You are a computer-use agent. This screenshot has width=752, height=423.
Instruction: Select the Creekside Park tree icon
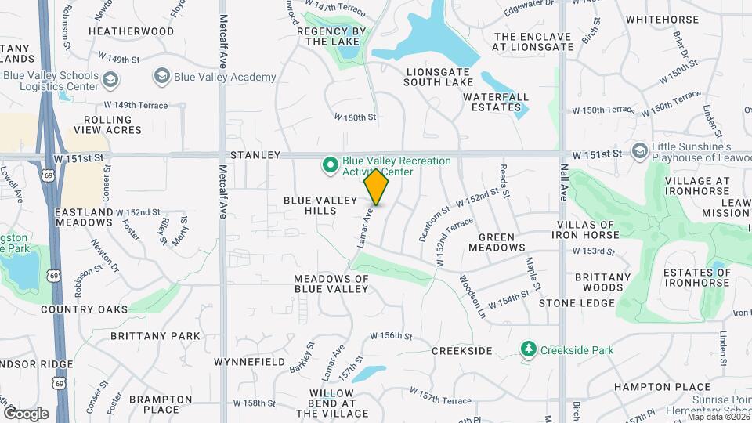pos(530,349)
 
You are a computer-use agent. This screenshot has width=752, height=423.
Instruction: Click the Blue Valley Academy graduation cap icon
pos(161,76)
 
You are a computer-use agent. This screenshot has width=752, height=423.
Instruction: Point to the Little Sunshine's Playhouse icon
pos(639,150)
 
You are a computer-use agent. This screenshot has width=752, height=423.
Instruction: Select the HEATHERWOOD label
pos(131,31)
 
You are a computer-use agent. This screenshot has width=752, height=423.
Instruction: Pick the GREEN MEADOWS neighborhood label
pos(497,242)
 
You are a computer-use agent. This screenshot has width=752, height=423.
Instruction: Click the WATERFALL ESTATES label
pos(492,102)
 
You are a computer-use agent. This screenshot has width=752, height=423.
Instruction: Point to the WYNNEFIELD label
pos(250,362)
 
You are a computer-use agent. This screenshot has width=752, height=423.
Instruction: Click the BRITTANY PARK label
pos(155,336)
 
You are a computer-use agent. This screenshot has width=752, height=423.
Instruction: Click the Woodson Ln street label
pos(471,296)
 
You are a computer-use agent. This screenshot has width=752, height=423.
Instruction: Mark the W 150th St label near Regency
pos(356,117)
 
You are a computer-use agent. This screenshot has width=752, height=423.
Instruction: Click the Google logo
pos(26,413)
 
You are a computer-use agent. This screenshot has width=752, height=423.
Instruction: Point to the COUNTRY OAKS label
pos(85,309)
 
